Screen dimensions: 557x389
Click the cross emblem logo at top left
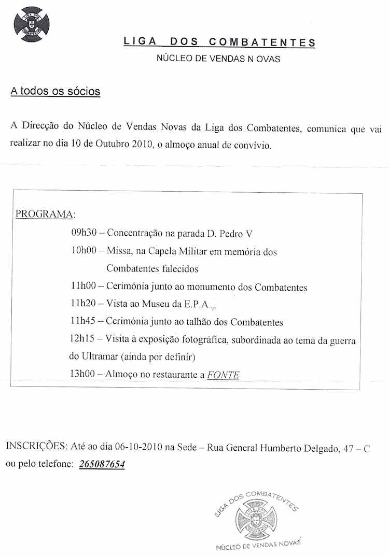coord(32,24)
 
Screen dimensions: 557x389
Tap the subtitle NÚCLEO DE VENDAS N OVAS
coord(218,59)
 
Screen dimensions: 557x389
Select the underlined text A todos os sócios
coord(55,92)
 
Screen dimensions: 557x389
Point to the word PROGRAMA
coord(45,214)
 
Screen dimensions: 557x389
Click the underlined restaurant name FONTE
coord(223,375)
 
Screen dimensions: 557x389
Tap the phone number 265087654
coord(102,464)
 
